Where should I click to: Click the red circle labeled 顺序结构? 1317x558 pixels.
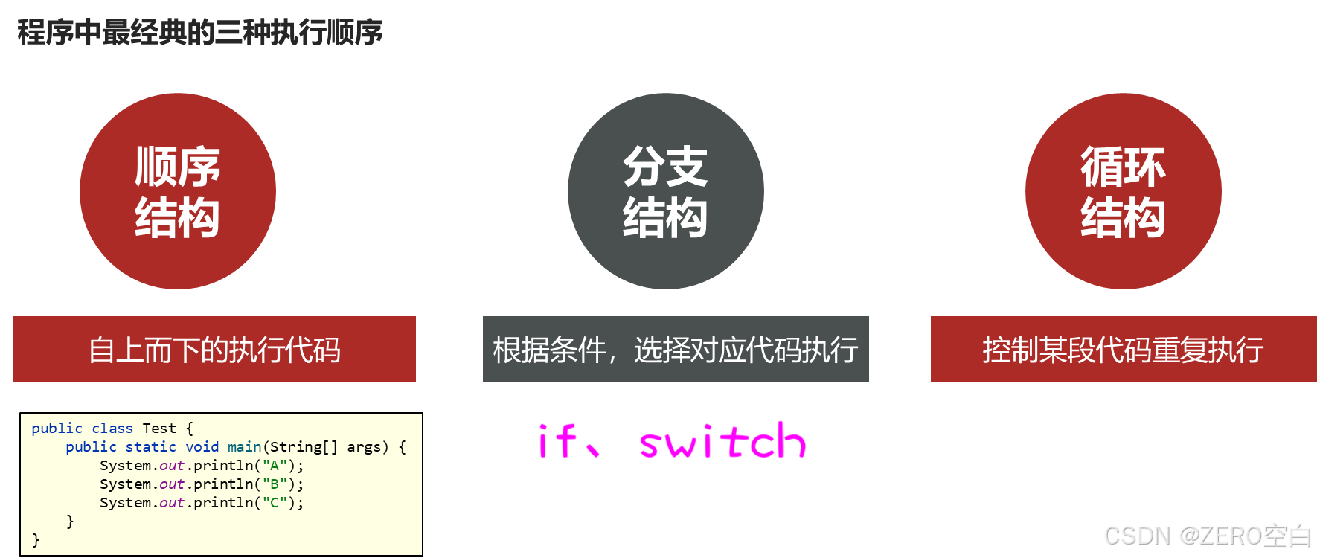178,191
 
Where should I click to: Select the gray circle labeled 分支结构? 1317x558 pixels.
665,191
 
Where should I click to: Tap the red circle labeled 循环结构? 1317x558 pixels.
1123,191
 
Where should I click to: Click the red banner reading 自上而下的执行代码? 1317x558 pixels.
214,350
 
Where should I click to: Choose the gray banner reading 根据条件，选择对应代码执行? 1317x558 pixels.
676,350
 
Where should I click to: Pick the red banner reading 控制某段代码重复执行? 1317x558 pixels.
1123,350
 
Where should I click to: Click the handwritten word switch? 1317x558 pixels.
722,441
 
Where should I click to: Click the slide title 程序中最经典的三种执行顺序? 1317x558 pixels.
199,33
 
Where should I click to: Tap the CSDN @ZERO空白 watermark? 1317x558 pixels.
1206,535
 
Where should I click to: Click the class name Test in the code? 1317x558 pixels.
159,429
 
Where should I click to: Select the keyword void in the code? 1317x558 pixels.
202,447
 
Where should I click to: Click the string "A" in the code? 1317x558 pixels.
274,466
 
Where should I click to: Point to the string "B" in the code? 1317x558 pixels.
274,484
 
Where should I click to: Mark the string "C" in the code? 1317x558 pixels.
274,503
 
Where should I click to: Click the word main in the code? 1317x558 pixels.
244,447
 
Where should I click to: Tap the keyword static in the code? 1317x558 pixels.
150,447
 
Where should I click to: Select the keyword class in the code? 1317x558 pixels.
112,429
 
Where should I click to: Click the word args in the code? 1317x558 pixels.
364,447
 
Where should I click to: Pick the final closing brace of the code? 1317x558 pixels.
36,539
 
